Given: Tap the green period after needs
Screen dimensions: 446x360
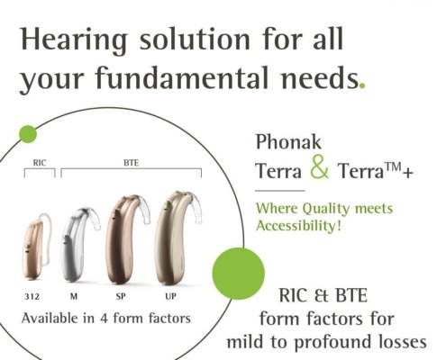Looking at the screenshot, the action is (x=362, y=85).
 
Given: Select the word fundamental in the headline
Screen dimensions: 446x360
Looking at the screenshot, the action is (x=181, y=77).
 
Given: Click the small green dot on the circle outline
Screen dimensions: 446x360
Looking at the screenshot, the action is (x=28, y=134).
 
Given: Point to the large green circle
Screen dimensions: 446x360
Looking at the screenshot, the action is (x=239, y=274).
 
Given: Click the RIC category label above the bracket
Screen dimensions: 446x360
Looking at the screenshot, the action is (x=40, y=163).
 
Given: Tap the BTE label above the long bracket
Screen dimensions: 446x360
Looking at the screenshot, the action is (x=132, y=163).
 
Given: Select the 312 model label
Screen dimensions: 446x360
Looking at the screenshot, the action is (x=32, y=297).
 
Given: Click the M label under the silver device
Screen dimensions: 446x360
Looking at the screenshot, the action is (x=74, y=297).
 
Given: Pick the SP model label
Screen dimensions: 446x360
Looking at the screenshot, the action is (x=121, y=297).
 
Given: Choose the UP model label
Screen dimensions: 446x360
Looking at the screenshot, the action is (x=170, y=297).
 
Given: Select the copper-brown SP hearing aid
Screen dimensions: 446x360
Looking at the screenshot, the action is (x=126, y=239).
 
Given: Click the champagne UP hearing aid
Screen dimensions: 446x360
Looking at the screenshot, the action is (x=177, y=238).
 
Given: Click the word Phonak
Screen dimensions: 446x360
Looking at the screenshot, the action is (x=288, y=142).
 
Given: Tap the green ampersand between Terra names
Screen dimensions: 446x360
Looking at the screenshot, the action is (x=320, y=166).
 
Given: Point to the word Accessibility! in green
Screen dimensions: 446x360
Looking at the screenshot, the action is (x=299, y=226).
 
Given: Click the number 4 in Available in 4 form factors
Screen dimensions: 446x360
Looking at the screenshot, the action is (x=104, y=319).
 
